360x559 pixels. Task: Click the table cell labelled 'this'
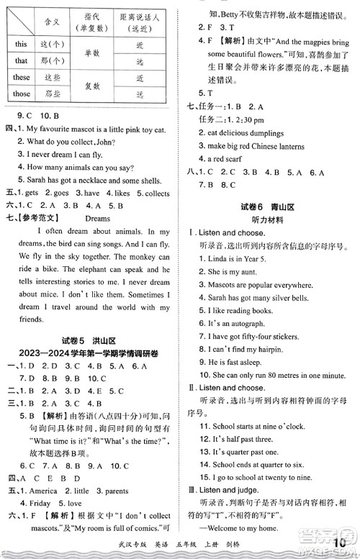[22, 44]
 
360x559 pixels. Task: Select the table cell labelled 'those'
[22, 93]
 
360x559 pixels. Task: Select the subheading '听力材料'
[270, 219]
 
